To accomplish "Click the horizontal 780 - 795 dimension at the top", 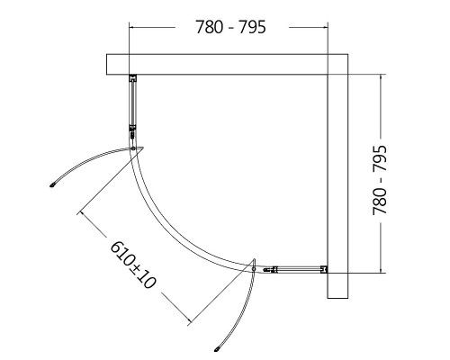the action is point(230,27).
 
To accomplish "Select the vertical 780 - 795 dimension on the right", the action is point(380,180).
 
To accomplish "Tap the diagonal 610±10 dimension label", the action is point(133,265).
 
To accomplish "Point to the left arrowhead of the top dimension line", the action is point(131,27).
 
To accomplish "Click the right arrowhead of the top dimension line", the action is point(326,27).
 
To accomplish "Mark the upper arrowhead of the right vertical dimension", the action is point(381,76).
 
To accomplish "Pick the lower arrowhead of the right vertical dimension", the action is point(381,271).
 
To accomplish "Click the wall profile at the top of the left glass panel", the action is point(132,78).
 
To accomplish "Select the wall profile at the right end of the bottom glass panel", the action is point(324,269).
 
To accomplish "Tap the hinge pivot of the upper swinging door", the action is point(133,148).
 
